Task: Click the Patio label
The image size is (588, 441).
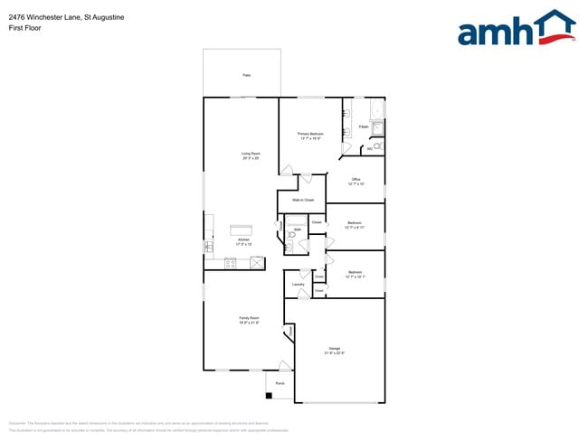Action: click(x=246, y=75)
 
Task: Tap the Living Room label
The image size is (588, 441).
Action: click(x=251, y=155)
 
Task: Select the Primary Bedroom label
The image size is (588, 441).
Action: click(x=310, y=136)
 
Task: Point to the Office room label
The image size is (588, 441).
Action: click(x=356, y=181)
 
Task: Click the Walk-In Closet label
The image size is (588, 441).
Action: click(x=302, y=199)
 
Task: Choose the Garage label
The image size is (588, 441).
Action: click(x=335, y=350)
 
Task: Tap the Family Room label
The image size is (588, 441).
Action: click(x=249, y=320)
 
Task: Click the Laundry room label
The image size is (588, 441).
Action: click(x=298, y=285)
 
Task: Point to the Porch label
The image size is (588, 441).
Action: click(x=280, y=383)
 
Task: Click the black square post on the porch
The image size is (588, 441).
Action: click(x=269, y=395)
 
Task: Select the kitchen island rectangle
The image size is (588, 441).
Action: click(x=241, y=230)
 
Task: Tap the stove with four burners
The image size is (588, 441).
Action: click(x=230, y=263)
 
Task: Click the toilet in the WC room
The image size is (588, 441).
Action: click(x=378, y=145)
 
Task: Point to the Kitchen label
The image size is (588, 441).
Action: click(x=242, y=242)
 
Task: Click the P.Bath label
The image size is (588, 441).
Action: click(x=363, y=127)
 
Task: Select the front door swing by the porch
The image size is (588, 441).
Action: click(x=285, y=365)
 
